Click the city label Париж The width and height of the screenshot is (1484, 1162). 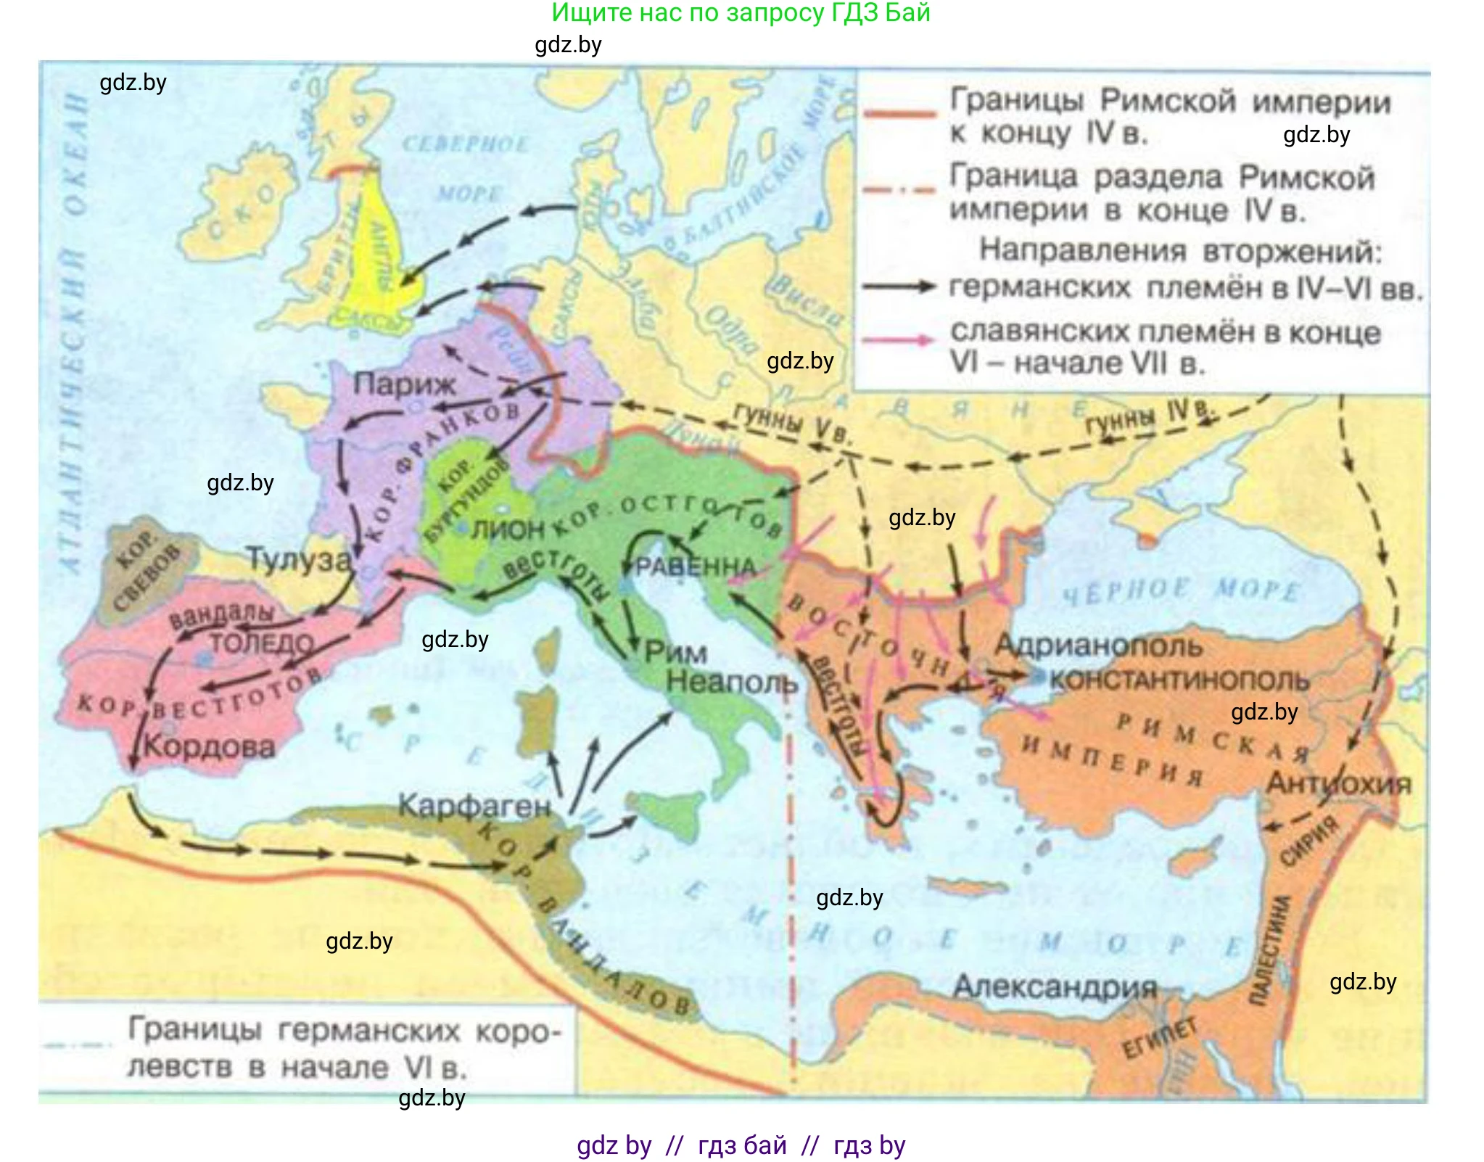[404, 384]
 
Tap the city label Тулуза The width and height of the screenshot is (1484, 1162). [299, 559]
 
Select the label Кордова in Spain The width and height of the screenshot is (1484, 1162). [210, 746]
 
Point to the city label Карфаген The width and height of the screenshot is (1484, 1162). [474, 806]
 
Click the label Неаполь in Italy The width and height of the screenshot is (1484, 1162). [732, 682]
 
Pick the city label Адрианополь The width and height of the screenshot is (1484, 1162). [1098, 645]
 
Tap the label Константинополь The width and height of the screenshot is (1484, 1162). [1179, 680]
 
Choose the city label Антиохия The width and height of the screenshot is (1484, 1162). [1338, 783]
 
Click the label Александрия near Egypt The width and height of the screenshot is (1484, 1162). [1055, 986]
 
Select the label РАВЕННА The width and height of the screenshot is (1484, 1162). [696, 566]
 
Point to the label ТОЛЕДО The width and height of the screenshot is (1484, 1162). [262, 643]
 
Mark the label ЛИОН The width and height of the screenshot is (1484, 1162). [507, 530]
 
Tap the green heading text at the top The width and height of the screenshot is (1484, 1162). [741, 13]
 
